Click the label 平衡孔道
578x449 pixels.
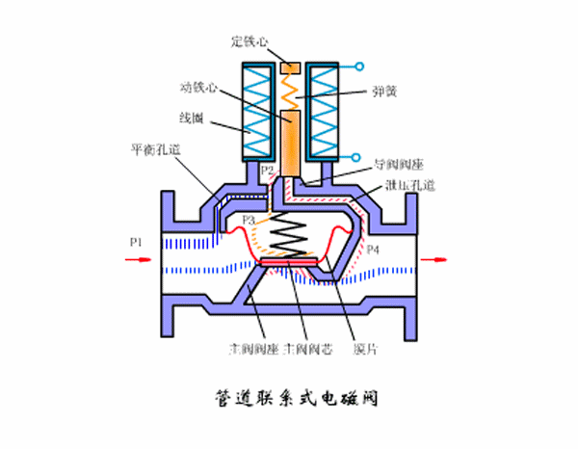click(x=153, y=152)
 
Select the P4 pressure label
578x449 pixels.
click(x=372, y=249)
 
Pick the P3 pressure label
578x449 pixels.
click(x=249, y=221)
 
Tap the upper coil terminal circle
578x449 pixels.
click(x=360, y=67)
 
